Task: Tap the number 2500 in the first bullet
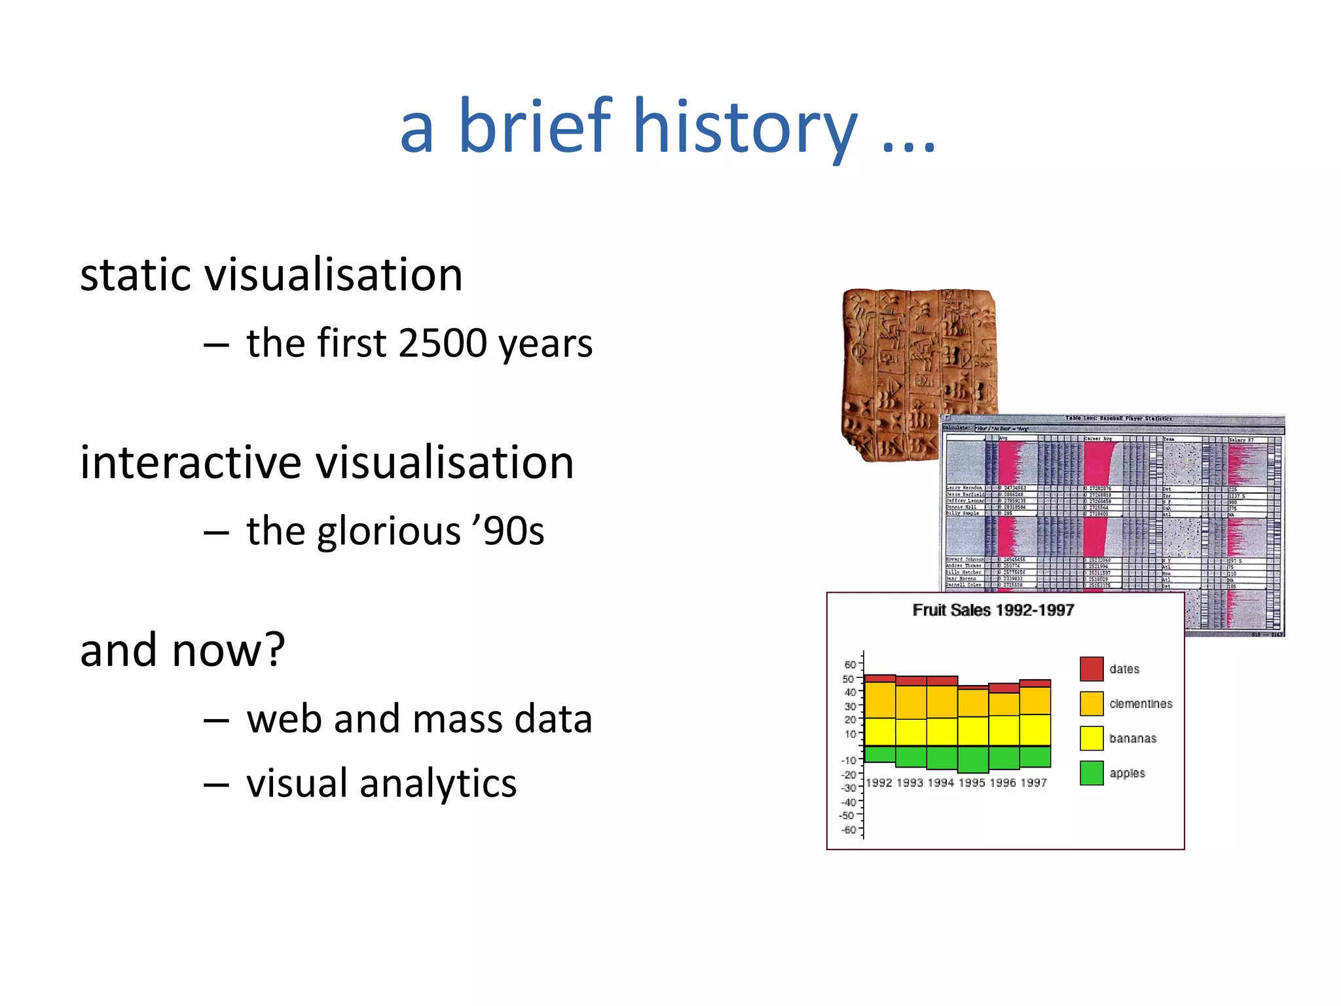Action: [x=443, y=343]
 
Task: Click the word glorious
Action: [x=389, y=531]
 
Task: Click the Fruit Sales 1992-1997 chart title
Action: [x=993, y=610]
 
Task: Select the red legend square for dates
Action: [x=1092, y=669]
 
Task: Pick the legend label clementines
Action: [x=1141, y=704]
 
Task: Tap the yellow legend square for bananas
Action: [x=1092, y=739]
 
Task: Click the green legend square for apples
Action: [x=1092, y=773]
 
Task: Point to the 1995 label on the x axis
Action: [x=971, y=783]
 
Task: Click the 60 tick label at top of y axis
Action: [x=849, y=665]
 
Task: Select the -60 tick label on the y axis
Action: [x=849, y=830]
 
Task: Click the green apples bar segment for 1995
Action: [x=972, y=760]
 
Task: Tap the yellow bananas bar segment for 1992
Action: [x=879, y=732]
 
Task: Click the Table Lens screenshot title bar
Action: [x=1113, y=419]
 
